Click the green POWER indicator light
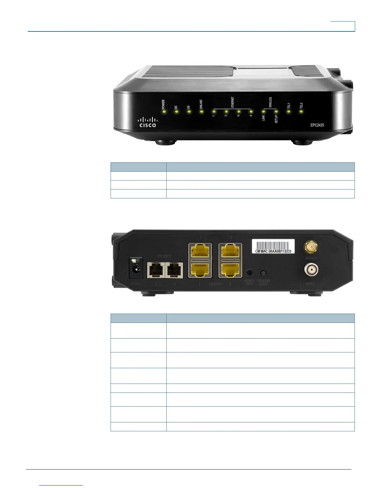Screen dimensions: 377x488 pos(164,112)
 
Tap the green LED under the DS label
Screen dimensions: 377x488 pos(176,112)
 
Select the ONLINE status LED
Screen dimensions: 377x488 pos(201,112)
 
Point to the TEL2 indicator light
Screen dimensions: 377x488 pos(301,112)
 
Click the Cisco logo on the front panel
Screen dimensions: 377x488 pos(148,122)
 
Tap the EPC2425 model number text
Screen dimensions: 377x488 pos(317,125)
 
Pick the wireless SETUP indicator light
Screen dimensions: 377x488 pos(276,112)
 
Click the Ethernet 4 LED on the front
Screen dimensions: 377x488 pos(251,112)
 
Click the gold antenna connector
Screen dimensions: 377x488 pos(311,247)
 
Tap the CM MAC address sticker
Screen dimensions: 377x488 pos(273,246)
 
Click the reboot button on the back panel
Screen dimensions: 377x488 pos(250,272)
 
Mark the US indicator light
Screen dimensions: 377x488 pos(189,112)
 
